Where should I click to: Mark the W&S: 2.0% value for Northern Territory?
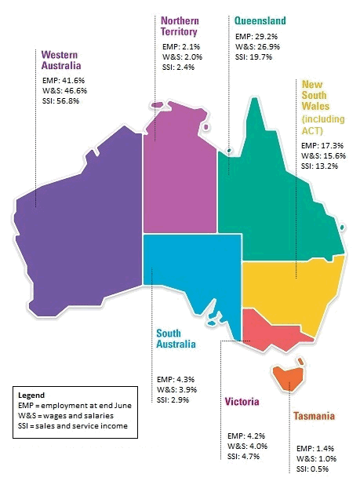pyautogui.click(x=181, y=57)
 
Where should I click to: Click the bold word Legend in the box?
pyautogui.click(x=31, y=394)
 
